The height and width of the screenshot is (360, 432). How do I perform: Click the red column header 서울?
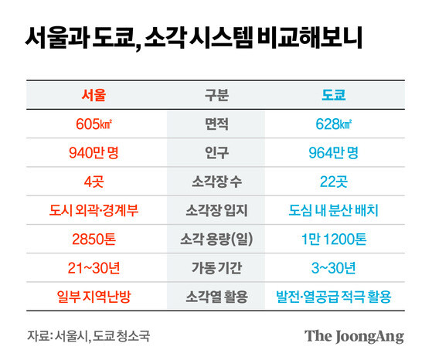[x=94, y=96]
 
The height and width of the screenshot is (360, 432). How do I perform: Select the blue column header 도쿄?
[x=333, y=96]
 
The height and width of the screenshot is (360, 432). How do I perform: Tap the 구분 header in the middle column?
[x=216, y=96]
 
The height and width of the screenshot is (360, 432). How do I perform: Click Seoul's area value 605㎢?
[x=94, y=124]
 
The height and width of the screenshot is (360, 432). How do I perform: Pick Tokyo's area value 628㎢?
[x=333, y=124]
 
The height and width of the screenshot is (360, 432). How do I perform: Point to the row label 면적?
[x=216, y=124]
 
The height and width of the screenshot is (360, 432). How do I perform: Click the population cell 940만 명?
[x=94, y=153]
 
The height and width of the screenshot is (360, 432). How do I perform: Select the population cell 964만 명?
[x=333, y=153]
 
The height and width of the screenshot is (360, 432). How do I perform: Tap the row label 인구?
[x=216, y=153]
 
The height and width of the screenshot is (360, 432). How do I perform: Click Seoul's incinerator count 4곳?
[x=94, y=182]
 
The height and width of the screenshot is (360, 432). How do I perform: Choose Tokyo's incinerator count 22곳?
[x=333, y=182]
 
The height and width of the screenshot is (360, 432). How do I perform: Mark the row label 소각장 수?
[x=216, y=182]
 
